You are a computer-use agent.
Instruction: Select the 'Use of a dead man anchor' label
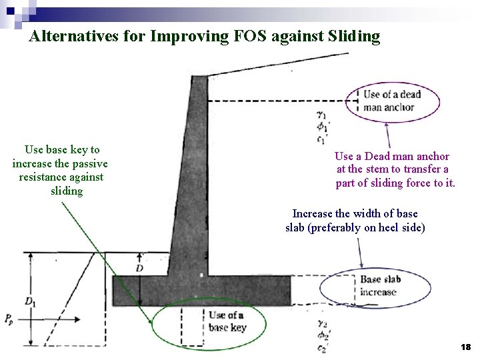click(393, 100)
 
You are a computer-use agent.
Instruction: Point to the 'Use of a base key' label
click(227, 321)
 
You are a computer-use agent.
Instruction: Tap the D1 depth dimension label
click(30, 302)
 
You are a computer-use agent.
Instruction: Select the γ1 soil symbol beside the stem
click(323, 115)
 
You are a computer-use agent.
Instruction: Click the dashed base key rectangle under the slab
click(192, 327)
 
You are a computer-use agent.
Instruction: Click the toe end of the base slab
click(115, 291)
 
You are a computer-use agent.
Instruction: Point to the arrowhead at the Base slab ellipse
click(362, 266)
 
